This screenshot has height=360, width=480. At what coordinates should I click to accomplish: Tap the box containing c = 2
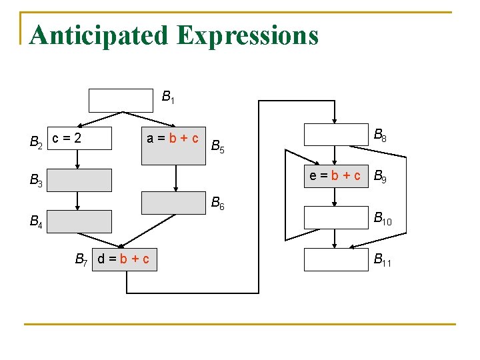click(x=79, y=138)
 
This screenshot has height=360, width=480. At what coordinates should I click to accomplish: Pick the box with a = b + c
click(x=173, y=138)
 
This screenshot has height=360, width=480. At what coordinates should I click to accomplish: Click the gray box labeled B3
click(x=79, y=180)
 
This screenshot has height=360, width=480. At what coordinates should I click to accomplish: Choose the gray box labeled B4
click(x=79, y=221)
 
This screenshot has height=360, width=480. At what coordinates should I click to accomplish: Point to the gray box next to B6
click(x=174, y=203)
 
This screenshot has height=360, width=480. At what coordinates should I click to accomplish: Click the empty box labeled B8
click(x=335, y=135)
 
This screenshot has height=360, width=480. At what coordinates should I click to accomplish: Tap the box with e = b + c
click(x=335, y=176)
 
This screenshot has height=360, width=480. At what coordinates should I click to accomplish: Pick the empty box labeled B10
click(x=335, y=217)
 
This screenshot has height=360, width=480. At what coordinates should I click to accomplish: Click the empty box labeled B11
click(x=335, y=259)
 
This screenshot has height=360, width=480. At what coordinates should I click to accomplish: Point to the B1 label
click(x=168, y=97)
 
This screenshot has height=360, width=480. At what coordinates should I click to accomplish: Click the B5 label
click(x=217, y=146)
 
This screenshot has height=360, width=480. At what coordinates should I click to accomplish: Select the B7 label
click(x=83, y=259)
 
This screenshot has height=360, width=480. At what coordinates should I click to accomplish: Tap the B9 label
click(x=381, y=177)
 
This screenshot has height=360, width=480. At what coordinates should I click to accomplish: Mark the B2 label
click(x=36, y=141)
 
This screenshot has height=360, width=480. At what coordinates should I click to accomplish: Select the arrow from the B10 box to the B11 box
click(x=335, y=238)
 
